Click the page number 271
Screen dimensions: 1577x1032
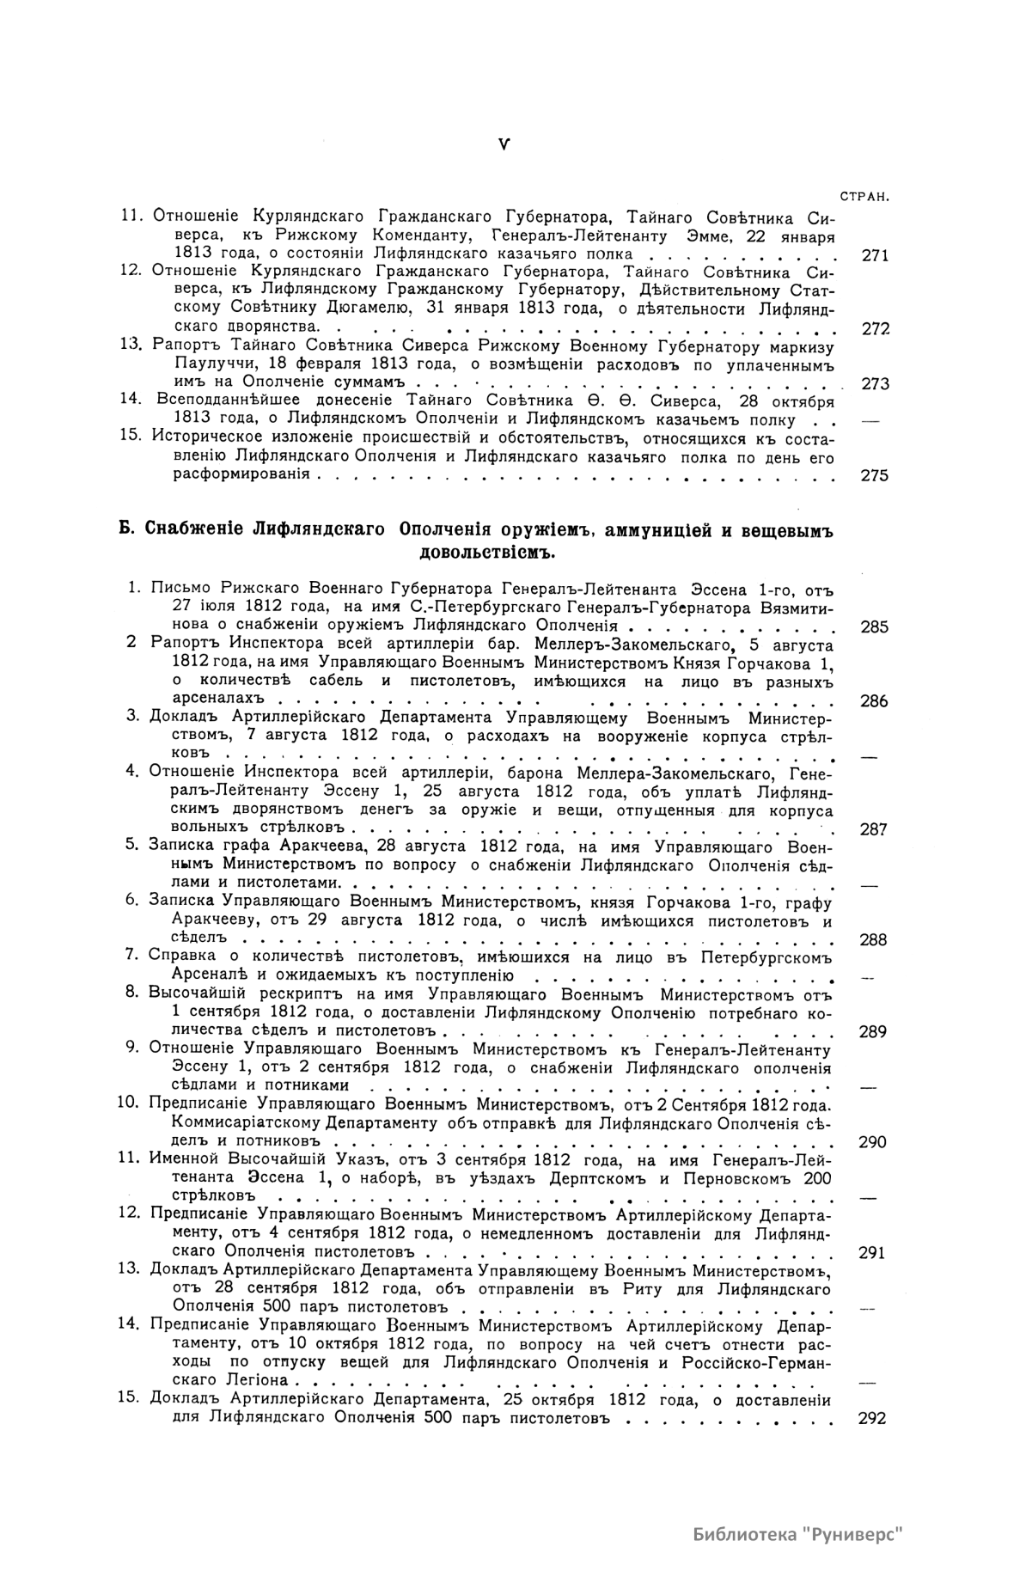coord(874,255)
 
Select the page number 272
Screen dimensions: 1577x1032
coord(874,328)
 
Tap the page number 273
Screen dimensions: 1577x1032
coord(874,383)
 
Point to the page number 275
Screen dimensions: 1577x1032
coord(874,475)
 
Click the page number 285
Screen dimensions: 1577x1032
coord(874,627)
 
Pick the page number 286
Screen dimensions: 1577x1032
coord(874,700)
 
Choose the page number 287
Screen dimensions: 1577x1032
coord(874,829)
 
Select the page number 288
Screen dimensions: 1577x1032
coord(874,939)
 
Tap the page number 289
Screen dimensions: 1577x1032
coord(873,1031)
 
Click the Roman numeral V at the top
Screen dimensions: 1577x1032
coord(504,145)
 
